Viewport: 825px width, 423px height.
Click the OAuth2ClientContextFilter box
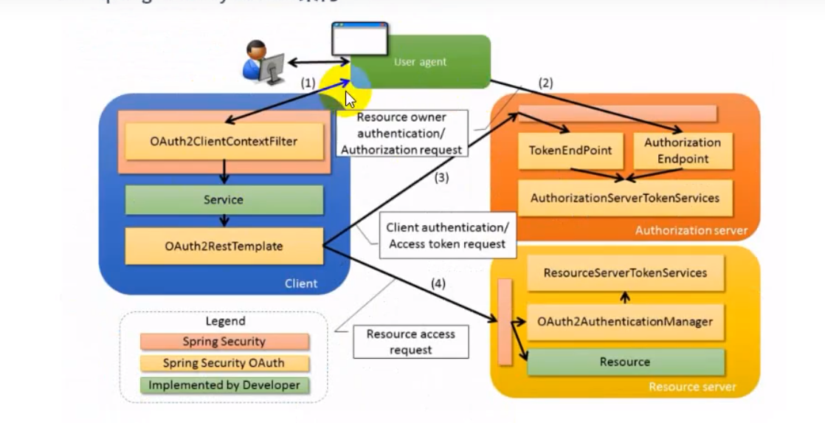point(224,141)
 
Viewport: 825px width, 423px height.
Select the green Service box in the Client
point(224,199)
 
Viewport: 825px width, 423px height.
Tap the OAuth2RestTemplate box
point(224,246)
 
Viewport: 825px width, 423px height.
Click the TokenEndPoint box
point(570,150)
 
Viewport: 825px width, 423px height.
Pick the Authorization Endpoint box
point(683,150)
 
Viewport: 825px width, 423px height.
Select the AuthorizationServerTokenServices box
point(625,198)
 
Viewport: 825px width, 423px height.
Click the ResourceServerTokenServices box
point(625,273)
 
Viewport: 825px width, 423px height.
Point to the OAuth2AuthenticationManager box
point(625,322)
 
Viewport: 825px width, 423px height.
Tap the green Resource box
point(625,362)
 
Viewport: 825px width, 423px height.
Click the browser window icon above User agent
point(359,39)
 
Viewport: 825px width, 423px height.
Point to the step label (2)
point(545,83)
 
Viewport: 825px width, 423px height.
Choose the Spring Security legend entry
point(224,342)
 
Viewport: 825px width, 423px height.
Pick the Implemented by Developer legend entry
point(224,385)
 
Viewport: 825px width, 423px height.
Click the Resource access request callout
point(410,342)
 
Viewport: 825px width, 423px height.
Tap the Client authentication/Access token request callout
point(446,235)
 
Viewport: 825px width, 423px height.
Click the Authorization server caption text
point(691,230)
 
